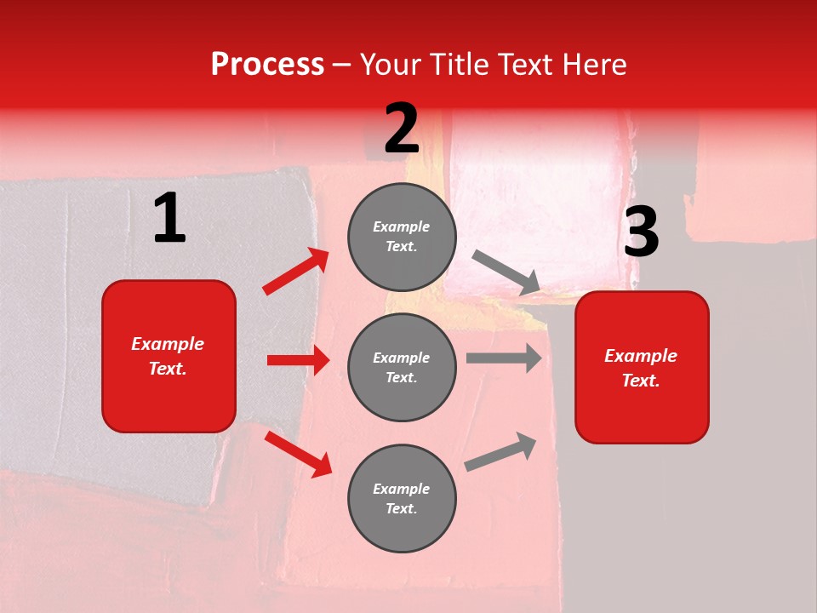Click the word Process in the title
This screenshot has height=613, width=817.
[x=267, y=65]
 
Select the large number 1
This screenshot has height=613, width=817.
[x=169, y=219]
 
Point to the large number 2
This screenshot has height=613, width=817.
[x=402, y=129]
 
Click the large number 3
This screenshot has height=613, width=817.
[x=641, y=232]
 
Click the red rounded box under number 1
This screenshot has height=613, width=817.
[x=169, y=356]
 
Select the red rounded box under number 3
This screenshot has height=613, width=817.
[x=642, y=367]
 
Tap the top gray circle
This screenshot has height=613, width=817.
[x=402, y=237]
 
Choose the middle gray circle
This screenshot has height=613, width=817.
[x=402, y=367]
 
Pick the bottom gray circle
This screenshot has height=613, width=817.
[x=402, y=498]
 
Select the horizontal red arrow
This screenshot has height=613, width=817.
[x=298, y=360]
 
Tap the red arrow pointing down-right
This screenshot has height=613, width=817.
[x=298, y=453]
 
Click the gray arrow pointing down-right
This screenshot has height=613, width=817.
[x=506, y=273]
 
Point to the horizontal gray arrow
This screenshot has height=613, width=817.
[x=504, y=358]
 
